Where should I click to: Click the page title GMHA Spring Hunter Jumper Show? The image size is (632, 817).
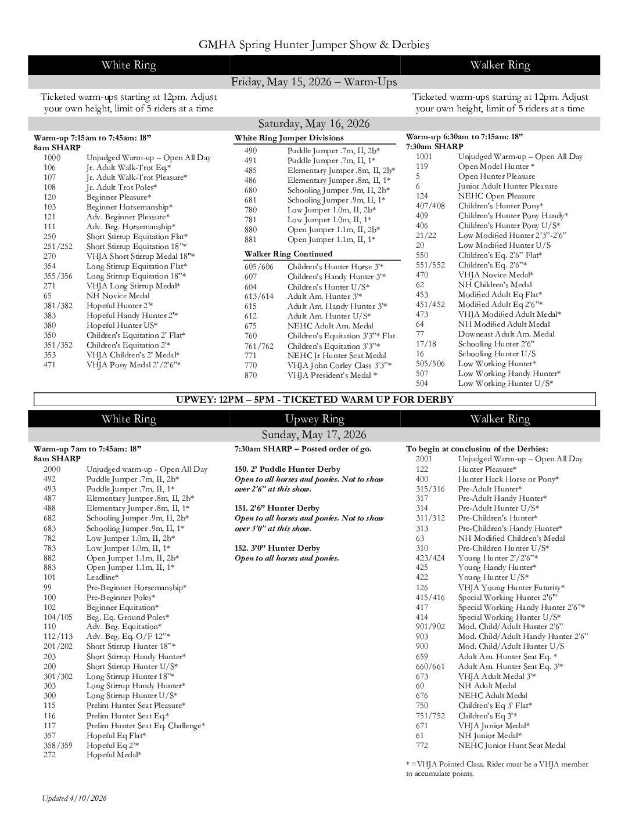(x=314, y=45)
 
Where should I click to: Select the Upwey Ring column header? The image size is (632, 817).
(x=314, y=419)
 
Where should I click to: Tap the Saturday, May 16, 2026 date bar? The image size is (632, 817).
(x=314, y=124)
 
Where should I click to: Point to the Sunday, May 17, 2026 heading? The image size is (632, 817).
(x=314, y=435)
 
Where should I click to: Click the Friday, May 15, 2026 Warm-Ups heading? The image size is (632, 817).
(x=314, y=82)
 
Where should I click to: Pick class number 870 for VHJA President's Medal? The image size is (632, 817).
(x=250, y=375)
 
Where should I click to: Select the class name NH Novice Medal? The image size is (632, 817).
(x=118, y=296)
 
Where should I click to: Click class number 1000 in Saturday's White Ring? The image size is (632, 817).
(x=52, y=158)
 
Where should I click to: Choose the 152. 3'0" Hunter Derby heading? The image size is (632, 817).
(x=278, y=548)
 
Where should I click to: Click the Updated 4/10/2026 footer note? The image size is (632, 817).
(x=74, y=798)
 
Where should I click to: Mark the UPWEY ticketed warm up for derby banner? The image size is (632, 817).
(x=314, y=399)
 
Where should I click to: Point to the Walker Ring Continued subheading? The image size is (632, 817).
(x=288, y=254)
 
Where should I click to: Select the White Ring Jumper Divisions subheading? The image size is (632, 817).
(x=289, y=138)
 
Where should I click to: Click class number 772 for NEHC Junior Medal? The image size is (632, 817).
(x=422, y=746)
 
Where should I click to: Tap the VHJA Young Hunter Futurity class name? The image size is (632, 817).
(x=503, y=587)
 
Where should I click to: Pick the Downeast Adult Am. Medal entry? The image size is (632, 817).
(x=506, y=334)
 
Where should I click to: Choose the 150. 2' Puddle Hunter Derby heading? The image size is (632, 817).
(x=287, y=469)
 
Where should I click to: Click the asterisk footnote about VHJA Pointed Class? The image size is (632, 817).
(x=497, y=769)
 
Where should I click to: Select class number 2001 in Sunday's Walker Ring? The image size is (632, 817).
(x=425, y=459)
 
